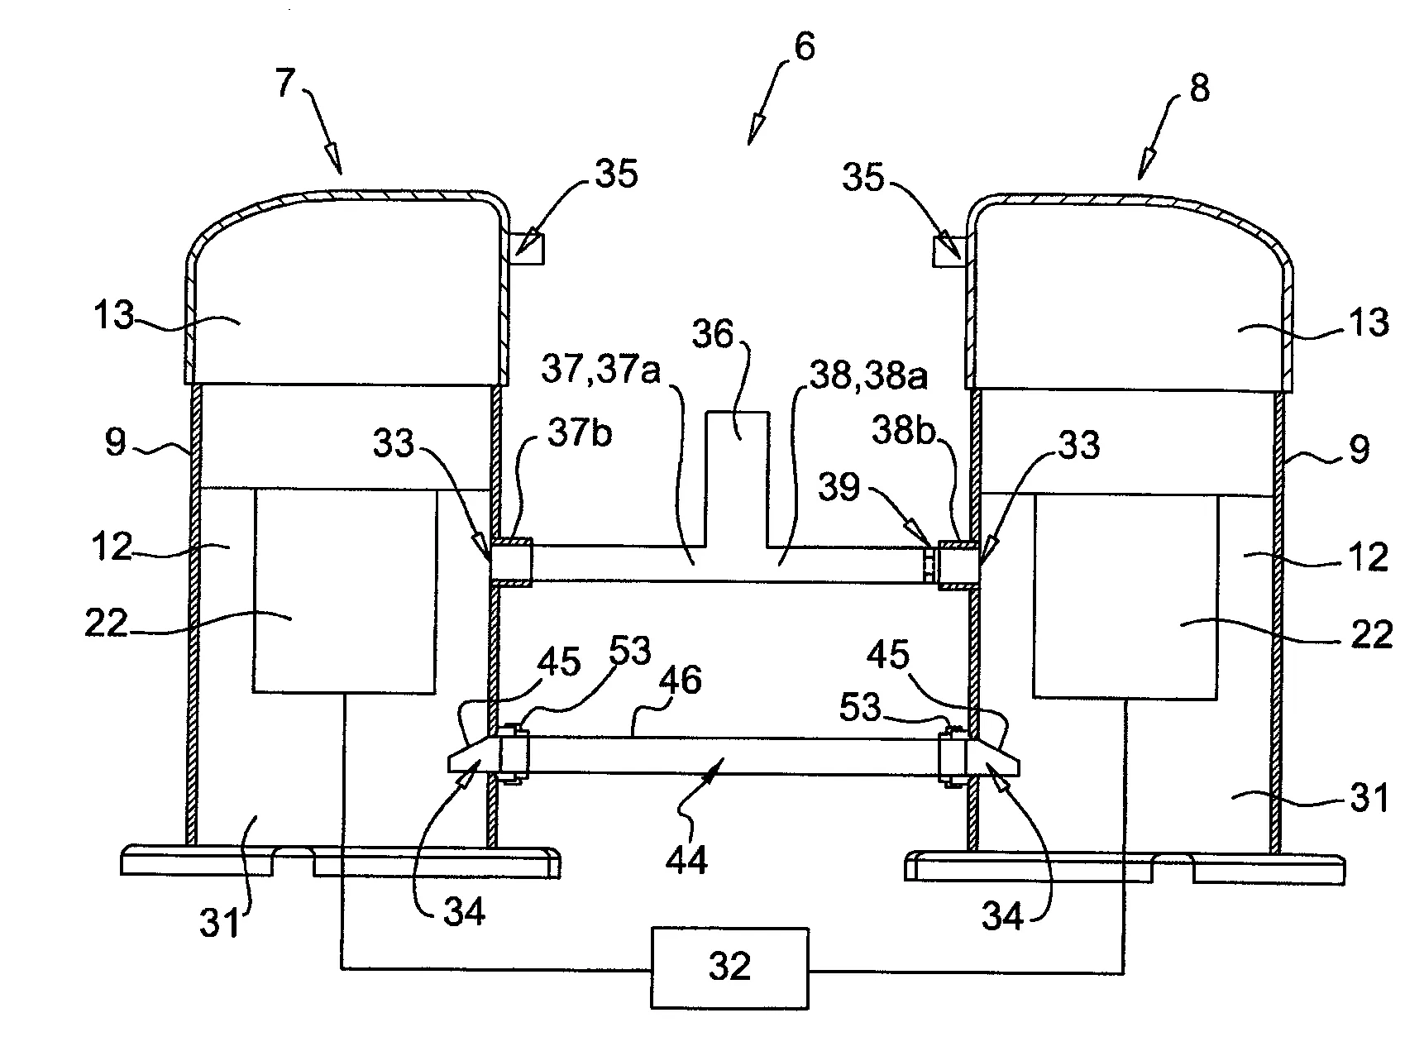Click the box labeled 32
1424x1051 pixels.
(729, 967)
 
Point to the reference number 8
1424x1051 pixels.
(1199, 88)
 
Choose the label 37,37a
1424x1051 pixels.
(600, 372)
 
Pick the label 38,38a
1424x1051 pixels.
(867, 377)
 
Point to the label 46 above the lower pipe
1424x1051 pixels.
(680, 680)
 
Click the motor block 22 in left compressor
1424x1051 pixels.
(344, 590)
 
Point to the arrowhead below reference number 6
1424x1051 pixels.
(755, 132)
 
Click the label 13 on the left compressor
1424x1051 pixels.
(112, 317)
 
